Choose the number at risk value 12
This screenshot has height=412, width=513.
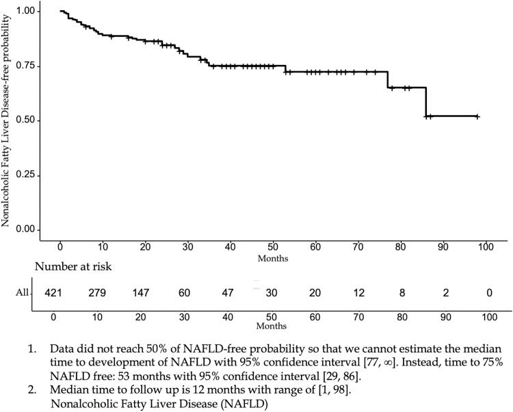click(358, 292)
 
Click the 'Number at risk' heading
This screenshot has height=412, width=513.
click(72, 268)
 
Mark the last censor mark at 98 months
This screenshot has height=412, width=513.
click(477, 116)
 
